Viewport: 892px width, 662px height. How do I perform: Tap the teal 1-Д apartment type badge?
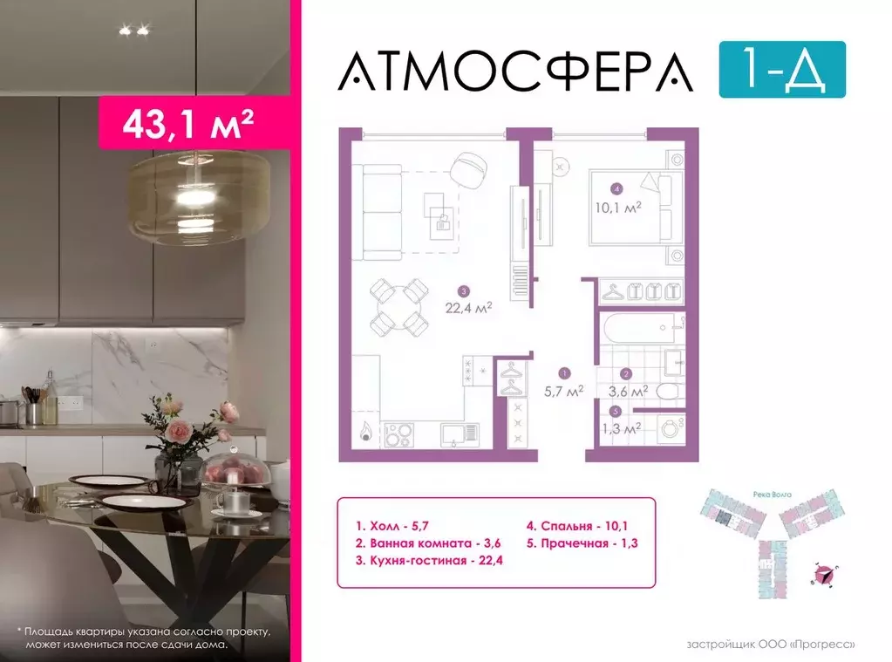point(782,69)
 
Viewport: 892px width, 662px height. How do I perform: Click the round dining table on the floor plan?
point(398,306)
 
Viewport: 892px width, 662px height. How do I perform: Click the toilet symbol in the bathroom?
point(666,392)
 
